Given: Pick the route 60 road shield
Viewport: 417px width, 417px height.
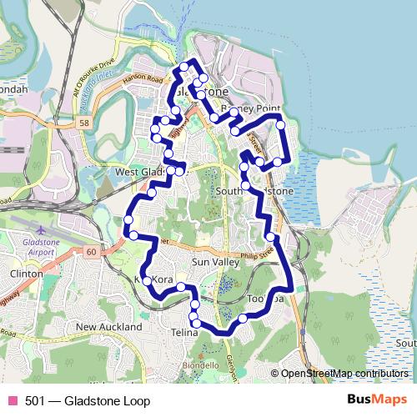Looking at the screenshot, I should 90,251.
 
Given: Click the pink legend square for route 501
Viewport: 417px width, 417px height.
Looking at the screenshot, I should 13,400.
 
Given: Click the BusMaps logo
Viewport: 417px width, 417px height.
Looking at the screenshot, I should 377,400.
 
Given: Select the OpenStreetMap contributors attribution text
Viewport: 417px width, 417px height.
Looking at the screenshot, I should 344,374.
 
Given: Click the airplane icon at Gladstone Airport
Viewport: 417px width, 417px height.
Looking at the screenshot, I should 41,227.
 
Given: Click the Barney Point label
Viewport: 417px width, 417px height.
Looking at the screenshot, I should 254,109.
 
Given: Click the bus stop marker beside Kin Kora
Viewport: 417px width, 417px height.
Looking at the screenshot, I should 147,281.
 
